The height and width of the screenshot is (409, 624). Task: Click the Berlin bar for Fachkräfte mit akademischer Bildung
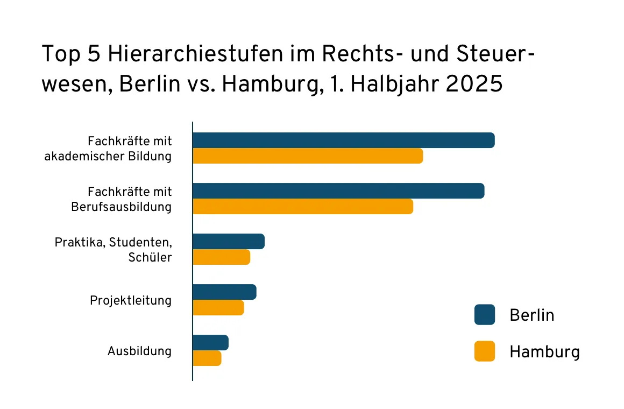(343, 140)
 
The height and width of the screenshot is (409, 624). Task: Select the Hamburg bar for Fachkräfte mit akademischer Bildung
(308, 156)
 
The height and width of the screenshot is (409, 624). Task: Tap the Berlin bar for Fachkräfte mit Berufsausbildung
(338, 191)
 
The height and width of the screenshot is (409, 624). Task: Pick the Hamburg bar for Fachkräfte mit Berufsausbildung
(303, 207)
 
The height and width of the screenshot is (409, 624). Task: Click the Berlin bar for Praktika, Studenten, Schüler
(229, 242)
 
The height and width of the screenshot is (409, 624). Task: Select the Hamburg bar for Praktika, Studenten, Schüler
(221, 257)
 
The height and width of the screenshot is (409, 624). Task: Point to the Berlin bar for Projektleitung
(224, 292)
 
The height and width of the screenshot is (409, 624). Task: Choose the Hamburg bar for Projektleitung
(218, 308)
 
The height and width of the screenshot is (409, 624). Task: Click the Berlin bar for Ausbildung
(210, 343)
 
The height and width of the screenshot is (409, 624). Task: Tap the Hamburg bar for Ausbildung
(207, 358)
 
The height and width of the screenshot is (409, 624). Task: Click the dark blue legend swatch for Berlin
(485, 315)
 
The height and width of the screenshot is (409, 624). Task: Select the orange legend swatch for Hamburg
(485, 351)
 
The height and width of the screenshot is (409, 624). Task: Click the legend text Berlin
(531, 315)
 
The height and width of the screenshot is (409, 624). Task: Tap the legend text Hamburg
(544, 352)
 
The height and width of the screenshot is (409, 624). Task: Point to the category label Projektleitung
(131, 300)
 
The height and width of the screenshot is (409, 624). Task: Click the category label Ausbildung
(139, 351)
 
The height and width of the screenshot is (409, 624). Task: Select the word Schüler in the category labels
(150, 257)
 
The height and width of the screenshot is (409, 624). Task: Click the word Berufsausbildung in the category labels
(122, 207)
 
